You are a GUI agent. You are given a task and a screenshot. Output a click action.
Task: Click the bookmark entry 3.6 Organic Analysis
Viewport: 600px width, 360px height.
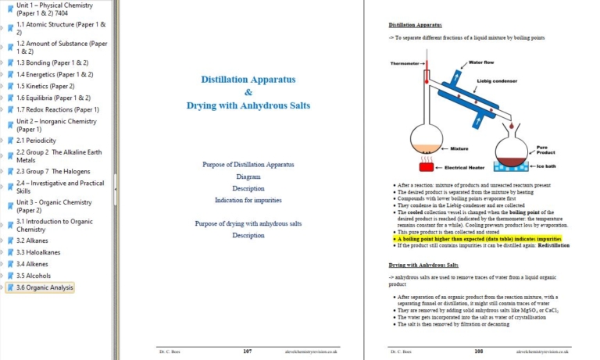(45, 287)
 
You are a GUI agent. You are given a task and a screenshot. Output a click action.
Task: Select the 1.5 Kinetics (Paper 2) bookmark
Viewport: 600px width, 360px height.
(45, 86)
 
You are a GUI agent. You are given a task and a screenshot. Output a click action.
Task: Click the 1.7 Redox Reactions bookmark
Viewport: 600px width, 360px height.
(57, 109)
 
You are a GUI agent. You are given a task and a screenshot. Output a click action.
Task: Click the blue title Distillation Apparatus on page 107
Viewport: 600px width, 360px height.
(248, 80)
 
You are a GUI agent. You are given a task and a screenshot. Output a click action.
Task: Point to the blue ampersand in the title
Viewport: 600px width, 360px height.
(248, 92)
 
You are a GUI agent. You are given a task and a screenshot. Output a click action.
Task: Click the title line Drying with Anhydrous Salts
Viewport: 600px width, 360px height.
(248, 105)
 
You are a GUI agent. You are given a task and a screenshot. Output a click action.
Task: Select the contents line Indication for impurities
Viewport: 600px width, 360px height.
(248, 201)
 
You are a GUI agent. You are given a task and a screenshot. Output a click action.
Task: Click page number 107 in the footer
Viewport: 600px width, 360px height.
(247, 351)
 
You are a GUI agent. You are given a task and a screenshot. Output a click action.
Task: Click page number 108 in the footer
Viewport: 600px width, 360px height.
(478, 351)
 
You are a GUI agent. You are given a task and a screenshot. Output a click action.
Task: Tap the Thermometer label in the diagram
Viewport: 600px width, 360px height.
(405, 63)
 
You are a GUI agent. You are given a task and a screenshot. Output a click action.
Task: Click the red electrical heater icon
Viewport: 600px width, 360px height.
(427, 166)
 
